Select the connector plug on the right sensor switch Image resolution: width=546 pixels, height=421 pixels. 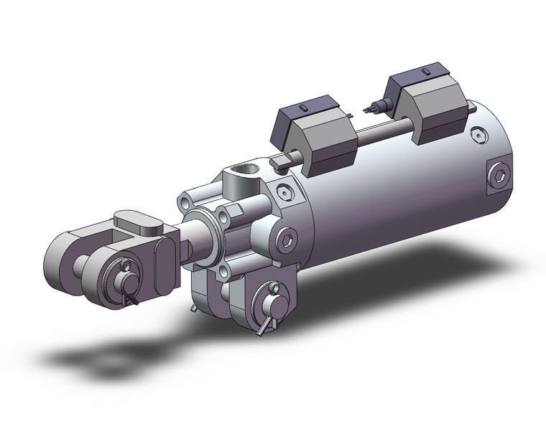[x=374, y=108]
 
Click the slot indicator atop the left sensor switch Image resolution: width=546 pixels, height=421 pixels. [x=302, y=108]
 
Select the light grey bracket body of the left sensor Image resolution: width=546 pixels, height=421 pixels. [x=327, y=147]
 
